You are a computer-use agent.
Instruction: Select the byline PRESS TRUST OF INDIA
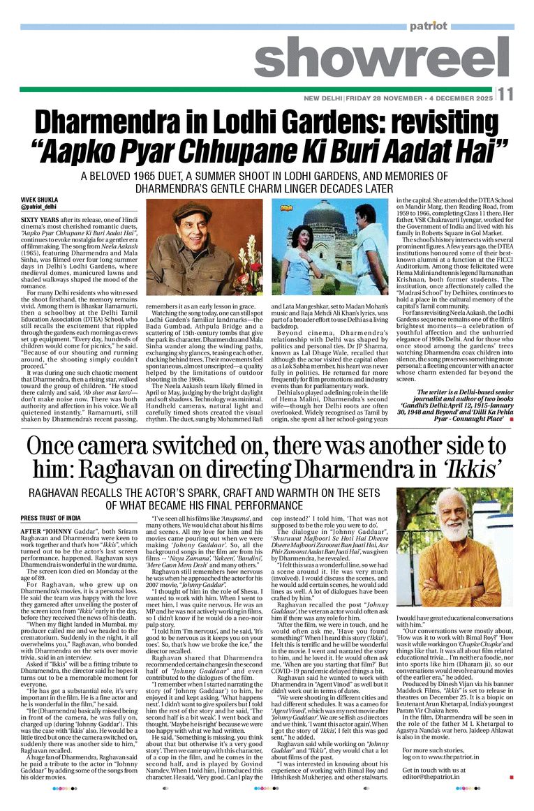pyautogui.click(x=50, y=519)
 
